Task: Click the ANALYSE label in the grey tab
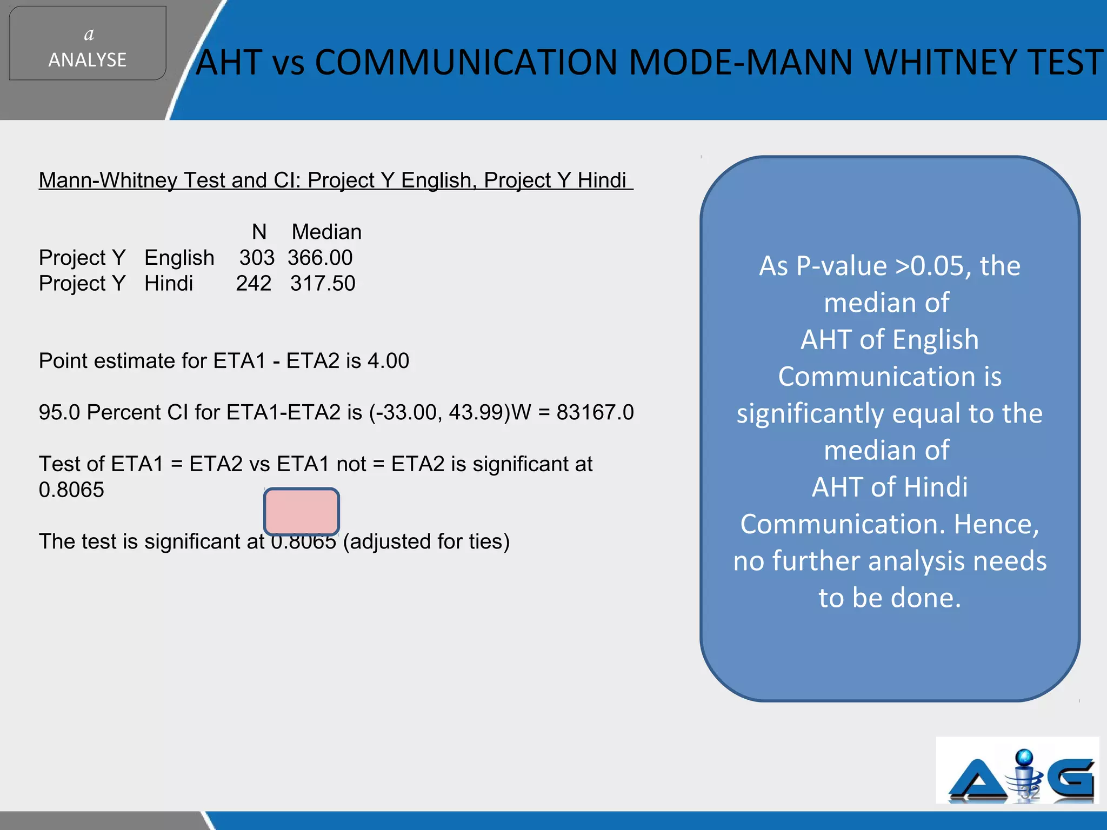[x=87, y=59]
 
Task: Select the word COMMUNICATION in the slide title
[x=465, y=62]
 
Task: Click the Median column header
[x=326, y=232]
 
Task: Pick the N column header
[x=259, y=232]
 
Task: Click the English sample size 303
[x=257, y=258]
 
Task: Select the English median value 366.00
[x=320, y=258]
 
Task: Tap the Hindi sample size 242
[x=254, y=283]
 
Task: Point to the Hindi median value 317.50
[x=323, y=283]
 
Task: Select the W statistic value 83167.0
[x=595, y=412]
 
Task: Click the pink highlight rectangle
[x=302, y=511]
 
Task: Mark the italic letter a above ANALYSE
[x=89, y=35]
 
